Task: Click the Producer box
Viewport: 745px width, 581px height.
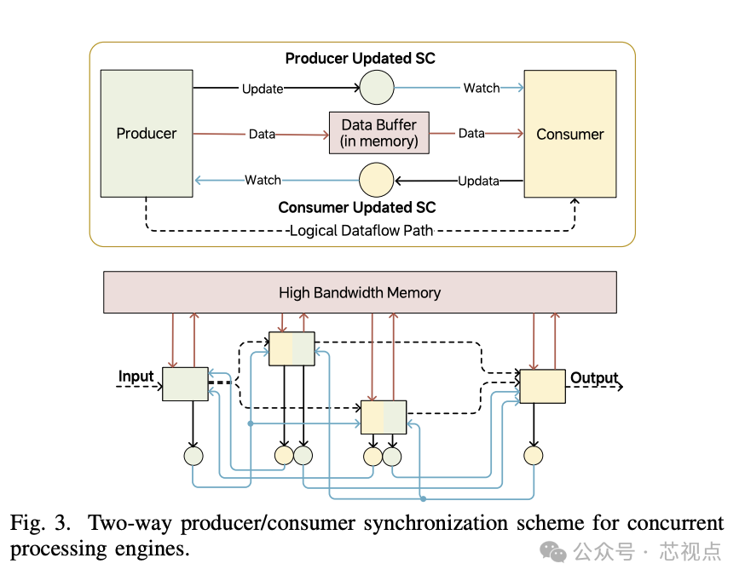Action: [x=147, y=134]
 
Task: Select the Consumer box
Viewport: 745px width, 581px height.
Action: [x=569, y=134]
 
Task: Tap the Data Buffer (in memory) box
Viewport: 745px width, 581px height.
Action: [x=379, y=133]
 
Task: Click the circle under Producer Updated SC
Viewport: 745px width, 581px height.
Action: [x=376, y=87]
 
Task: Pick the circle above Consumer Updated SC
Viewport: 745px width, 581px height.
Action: [x=376, y=180]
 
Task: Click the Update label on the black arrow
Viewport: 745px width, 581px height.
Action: [x=263, y=89]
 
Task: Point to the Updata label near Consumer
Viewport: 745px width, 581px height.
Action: [x=478, y=181]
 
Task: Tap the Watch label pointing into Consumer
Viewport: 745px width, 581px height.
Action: [x=481, y=88]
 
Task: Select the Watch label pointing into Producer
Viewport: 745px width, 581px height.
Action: [x=263, y=180]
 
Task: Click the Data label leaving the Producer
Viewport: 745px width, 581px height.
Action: [x=262, y=134]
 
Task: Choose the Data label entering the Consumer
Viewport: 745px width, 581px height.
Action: [x=471, y=134]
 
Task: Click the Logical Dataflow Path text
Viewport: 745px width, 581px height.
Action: [x=361, y=230]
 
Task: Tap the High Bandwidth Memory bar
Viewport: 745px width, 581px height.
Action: [x=359, y=292]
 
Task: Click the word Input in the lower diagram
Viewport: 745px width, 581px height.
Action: [x=136, y=376]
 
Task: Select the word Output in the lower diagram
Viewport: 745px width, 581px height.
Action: [x=594, y=377]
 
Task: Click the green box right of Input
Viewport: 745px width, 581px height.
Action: [x=185, y=384]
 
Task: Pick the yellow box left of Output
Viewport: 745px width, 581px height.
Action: [x=542, y=386]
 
